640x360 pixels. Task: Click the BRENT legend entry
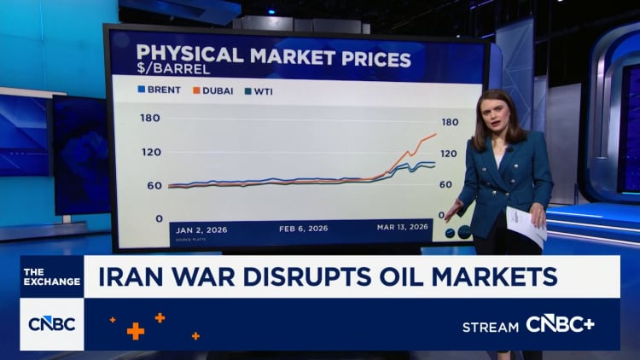pos(160,89)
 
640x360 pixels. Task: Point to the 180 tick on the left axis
pos(151,118)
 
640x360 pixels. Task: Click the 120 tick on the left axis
pos(151,152)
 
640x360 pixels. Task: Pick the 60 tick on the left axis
pos(154,185)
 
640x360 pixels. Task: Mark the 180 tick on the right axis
pos(450,122)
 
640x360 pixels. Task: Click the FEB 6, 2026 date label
pos(303,229)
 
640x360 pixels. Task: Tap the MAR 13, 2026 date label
pos(402,228)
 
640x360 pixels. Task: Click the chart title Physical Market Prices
pos(273,58)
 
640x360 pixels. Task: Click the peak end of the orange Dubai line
pos(435,134)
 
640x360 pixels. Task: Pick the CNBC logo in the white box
pos(51,324)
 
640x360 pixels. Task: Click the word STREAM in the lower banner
pos(490,327)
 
